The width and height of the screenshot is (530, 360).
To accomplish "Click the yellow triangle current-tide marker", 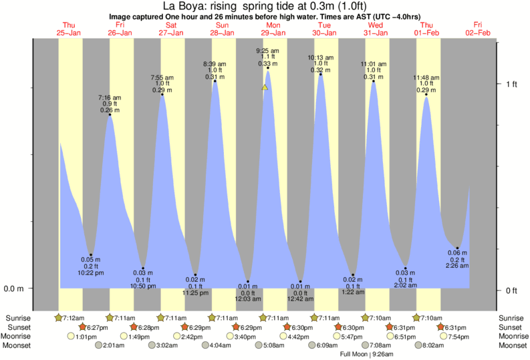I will (265, 87).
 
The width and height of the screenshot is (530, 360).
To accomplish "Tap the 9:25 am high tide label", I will (267, 50).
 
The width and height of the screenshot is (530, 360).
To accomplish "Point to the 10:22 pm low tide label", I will (92, 273).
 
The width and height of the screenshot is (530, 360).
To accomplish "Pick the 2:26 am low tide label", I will (458, 265).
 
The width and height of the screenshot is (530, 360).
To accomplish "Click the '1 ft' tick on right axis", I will (512, 83).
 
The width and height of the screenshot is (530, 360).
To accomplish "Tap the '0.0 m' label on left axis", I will (15, 289).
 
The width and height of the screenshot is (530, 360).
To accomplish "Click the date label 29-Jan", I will (274, 32).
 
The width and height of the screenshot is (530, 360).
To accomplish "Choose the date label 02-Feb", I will (480, 32).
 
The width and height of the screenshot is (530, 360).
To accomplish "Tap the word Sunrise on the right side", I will (510, 318).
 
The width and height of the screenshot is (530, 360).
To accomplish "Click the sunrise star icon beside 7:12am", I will (58, 318).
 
